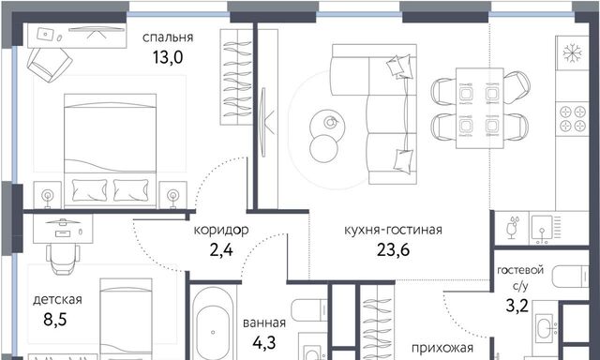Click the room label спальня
coord(168,37)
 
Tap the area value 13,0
coord(168,57)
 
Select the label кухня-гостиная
coord(393,230)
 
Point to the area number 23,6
coord(393,249)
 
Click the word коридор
coord(221,231)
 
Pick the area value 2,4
coord(221,250)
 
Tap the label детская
coord(57,299)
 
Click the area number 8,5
coord(55,319)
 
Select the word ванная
coord(264,322)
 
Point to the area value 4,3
coord(264,343)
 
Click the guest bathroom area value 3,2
coord(517,306)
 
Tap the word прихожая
coord(442,348)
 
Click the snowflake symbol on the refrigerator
coord(572,53)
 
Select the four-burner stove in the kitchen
coord(573,118)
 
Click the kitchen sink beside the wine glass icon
coord(542,228)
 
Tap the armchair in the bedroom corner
coord(50,65)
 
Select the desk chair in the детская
coord(63,259)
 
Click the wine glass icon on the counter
coord(513,228)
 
